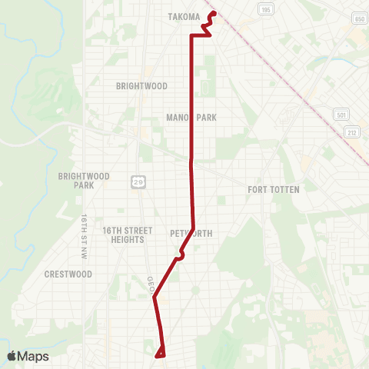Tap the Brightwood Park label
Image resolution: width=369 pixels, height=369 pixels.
pos(84,181)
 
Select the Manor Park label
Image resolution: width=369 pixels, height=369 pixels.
pos(191,118)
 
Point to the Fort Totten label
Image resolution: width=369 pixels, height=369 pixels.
pos(273,189)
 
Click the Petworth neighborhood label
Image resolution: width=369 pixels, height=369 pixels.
pos(191,234)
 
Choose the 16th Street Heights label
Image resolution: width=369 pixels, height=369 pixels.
pos(123,234)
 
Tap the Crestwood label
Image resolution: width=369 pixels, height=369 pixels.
pos(68,274)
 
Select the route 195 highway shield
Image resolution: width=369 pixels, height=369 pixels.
pos(267,9)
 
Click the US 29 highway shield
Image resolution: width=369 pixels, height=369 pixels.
pos(137,181)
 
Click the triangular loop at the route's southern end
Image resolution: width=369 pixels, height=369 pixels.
pos(161,353)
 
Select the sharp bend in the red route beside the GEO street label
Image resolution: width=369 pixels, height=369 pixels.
pos(155,297)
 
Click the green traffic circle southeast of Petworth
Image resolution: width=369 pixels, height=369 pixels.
pos(194,290)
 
